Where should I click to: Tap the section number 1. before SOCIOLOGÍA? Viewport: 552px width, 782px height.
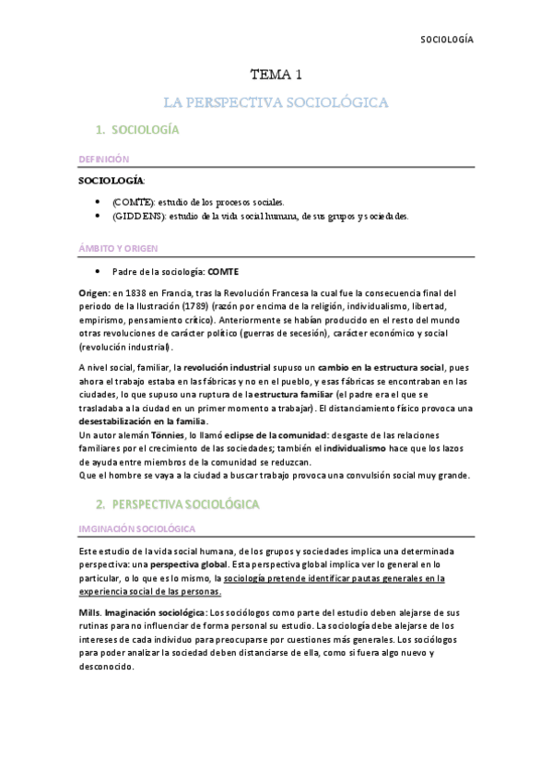[100, 131]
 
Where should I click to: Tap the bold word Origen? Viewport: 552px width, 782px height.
[94, 292]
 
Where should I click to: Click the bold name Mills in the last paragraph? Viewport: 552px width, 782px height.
[88, 612]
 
